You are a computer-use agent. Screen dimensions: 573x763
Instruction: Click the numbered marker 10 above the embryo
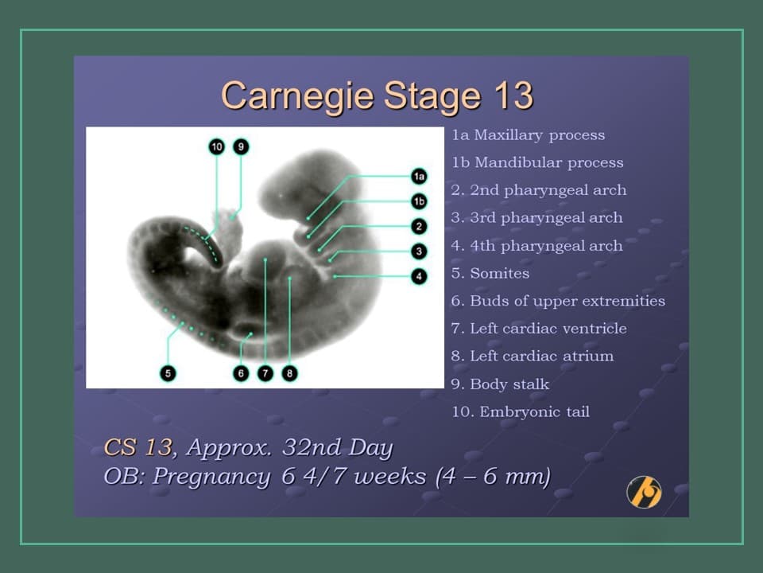216,146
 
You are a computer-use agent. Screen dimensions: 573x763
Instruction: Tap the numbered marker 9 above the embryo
241,146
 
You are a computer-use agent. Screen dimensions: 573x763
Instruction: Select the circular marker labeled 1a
419,176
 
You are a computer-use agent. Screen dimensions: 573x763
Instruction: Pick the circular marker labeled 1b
419,201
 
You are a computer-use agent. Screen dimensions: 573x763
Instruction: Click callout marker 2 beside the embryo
419,226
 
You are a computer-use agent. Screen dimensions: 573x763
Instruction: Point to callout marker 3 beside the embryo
419,251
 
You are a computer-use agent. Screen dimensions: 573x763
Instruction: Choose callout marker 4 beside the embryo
419,276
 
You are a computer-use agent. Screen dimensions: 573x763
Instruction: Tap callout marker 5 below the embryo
168,372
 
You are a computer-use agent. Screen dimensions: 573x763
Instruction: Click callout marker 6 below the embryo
242,372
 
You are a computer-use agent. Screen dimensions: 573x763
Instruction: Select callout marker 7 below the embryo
265,372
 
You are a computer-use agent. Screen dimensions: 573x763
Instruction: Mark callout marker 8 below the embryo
290,372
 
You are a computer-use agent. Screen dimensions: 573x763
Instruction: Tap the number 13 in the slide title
513,96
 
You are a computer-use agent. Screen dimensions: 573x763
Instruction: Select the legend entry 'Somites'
499,273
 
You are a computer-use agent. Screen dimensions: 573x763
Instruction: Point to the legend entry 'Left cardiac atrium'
541,356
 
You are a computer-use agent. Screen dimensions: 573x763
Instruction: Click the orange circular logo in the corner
644,491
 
